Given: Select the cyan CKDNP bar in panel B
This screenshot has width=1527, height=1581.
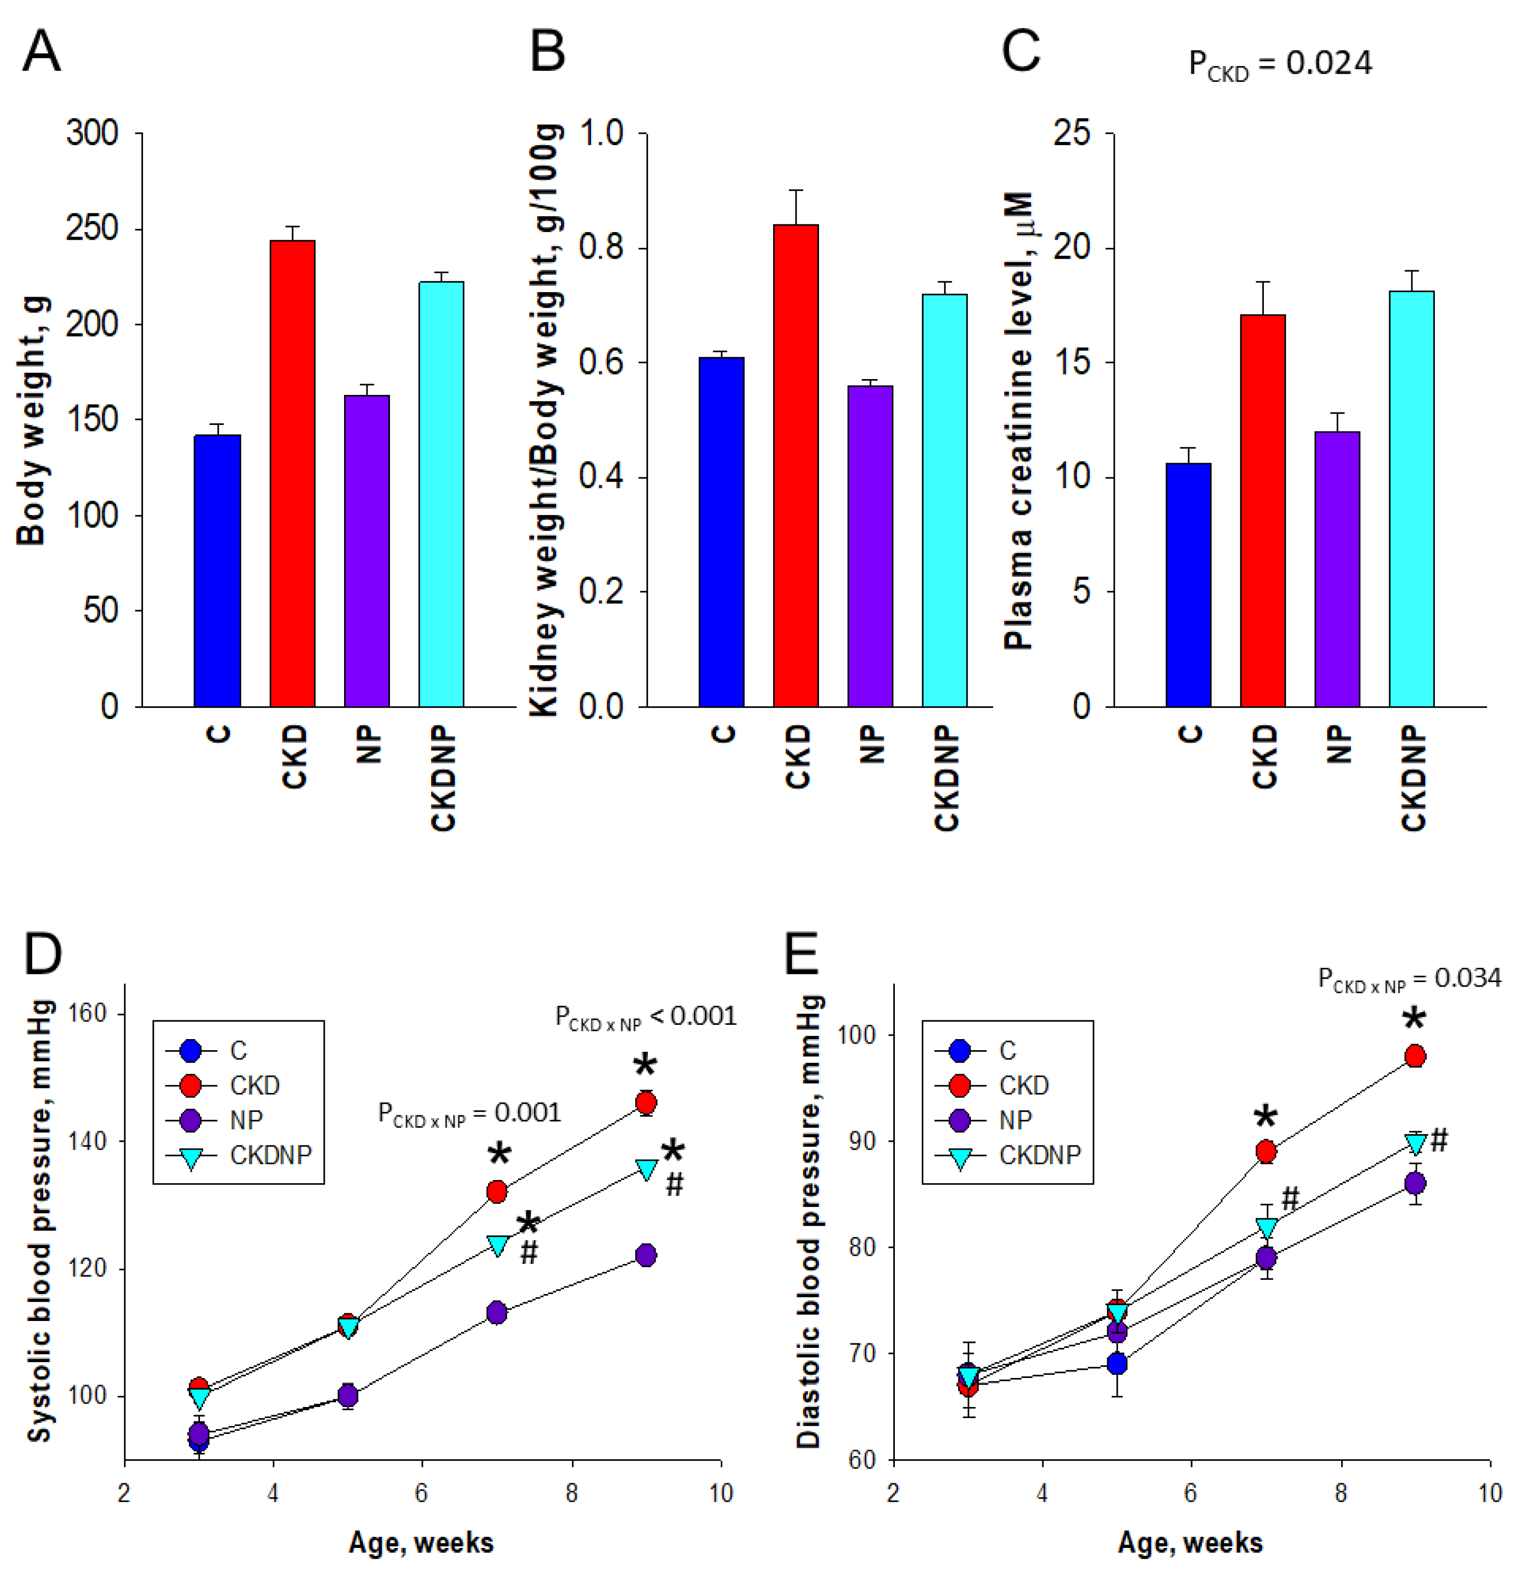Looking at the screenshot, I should tap(945, 500).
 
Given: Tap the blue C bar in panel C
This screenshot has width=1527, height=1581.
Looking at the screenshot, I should tap(1188, 585).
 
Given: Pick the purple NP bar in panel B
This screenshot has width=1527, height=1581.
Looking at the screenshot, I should tap(870, 546).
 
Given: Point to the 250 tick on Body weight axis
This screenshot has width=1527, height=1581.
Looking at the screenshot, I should tap(92, 229).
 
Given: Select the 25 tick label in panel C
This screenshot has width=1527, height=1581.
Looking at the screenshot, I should tap(1071, 133).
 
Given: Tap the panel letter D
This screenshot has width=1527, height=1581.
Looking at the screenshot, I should tap(42, 954).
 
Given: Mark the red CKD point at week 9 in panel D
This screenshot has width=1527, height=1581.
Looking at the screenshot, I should tap(646, 1103).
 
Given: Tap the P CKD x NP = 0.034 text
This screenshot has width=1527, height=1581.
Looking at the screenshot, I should tap(1409, 979).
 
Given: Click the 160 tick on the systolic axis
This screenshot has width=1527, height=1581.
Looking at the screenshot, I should tap(88, 1014).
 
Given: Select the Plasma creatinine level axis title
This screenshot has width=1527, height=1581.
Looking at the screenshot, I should tap(1019, 419).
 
